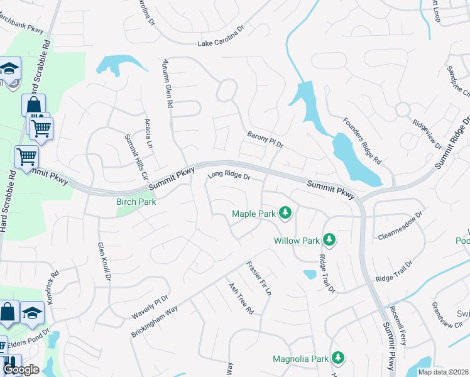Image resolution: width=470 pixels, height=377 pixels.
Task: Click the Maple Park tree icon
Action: pyautogui.click(x=286, y=213)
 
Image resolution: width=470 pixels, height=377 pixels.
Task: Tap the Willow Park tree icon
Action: pyautogui.click(x=328, y=239)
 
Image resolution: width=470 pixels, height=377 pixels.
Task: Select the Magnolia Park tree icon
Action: pyautogui.click(x=339, y=358)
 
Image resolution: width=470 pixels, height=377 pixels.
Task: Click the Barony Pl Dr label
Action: pyautogui.click(x=266, y=139)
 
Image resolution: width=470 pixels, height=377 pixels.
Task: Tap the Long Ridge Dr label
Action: pyautogui.click(x=229, y=176)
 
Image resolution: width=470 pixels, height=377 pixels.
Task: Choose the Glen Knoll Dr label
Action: pyautogui.click(x=104, y=261)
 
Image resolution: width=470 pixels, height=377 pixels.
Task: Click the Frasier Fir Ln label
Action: pyautogui.click(x=259, y=278)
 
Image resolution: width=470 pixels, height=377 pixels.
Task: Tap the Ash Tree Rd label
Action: pyautogui.click(x=241, y=297)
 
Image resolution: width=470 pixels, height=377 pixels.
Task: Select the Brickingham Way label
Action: pyautogui.click(x=155, y=322)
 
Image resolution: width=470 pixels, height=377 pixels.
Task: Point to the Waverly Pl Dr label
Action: pyautogui.click(x=150, y=307)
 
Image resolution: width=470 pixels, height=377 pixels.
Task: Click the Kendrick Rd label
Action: pyautogui.click(x=52, y=288)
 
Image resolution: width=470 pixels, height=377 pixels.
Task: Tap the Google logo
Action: pyautogui.click(x=21, y=369)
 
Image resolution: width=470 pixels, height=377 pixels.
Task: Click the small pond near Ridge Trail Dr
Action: pyautogui.click(x=310, y=274)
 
